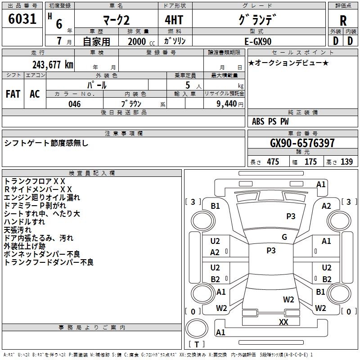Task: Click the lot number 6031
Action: coord(22,19)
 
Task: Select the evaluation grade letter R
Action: coord(343,21)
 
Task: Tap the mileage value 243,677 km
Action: coord(53,65)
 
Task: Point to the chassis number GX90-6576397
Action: coord(302,143)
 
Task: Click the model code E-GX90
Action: coord(258,41)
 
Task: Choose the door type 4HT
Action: coord(174,20)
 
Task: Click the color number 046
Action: coord(75,104)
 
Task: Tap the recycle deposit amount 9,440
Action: coord(226,104)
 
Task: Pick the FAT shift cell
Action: coord(13,94)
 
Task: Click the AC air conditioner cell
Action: coord(35,94)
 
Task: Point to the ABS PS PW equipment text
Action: coord(270,121)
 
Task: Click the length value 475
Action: coord(273,162)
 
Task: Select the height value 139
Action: coord(346,162)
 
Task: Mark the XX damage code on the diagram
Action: coord(283,322)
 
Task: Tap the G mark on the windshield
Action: coord(284,237)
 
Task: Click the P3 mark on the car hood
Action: coord(291,216)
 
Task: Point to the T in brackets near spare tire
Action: coord(197,344)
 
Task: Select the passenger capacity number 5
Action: coord(188,85)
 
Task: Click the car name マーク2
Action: coord(116,20)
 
